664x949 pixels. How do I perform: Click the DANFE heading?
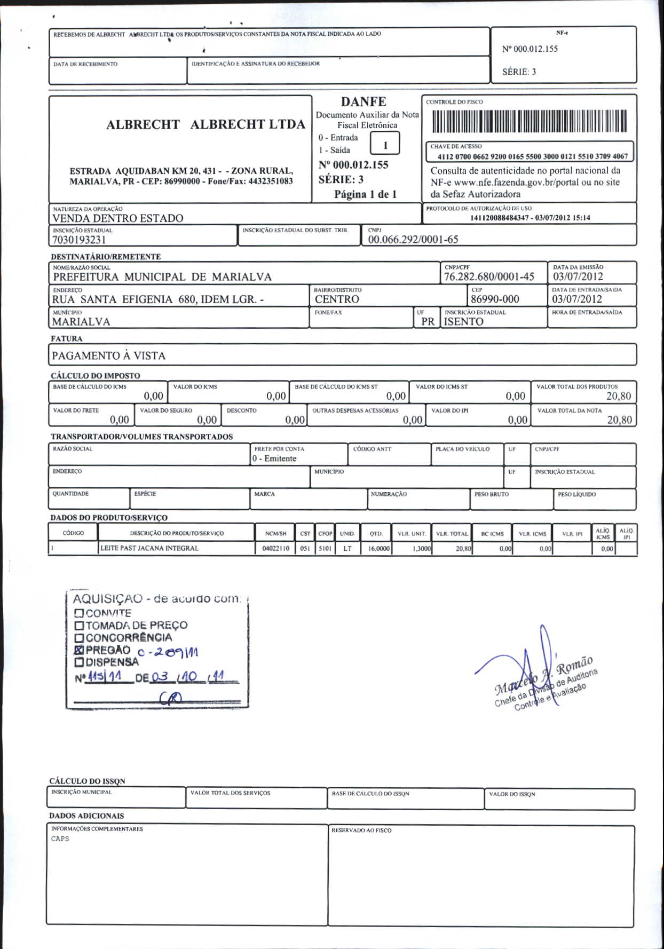(x=363, y=101)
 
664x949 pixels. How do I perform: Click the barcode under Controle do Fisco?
(x=529, y=121)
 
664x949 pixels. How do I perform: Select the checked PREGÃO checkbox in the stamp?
(x=80, y=650)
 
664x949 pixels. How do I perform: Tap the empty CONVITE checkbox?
(x=80, y=613)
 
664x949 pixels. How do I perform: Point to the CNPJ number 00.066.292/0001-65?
(x=413, y=240)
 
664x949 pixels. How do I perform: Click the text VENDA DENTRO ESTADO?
(x=118, y=218)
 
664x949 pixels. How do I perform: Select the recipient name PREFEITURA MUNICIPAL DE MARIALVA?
(x=162, y=276)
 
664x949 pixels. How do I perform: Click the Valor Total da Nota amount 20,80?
(x=619, y=420)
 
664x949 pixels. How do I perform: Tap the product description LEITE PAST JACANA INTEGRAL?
(x=149, y=548)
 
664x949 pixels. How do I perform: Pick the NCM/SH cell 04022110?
(x=275, y=548)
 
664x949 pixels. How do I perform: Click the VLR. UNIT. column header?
(x=412, y=534)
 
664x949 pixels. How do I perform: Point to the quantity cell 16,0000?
(x=378, y=548)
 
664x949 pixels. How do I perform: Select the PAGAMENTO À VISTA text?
(x=109, y=355)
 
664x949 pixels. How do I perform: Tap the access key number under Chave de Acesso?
(x=532, y=156)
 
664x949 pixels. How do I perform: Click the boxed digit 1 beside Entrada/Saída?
(x=385, y=145)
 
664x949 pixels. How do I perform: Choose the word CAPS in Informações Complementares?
(x=60, y=839)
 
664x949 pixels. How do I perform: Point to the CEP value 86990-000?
(x=495, y=299)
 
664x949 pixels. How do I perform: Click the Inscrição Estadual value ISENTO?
(x=464, y=321)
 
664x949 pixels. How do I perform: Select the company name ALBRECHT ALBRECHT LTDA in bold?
(x=205, y=124)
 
